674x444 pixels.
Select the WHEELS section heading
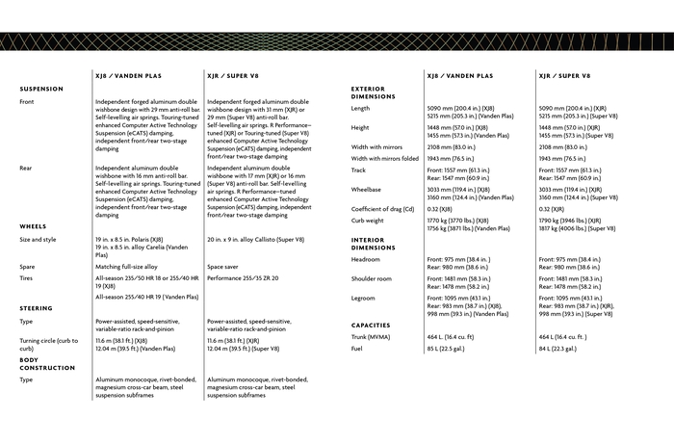(33, 226)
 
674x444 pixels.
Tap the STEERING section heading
(36, 308)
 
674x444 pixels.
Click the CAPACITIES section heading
(371, 325)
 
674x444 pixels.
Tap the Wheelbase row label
(366, 190)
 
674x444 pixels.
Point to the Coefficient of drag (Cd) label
(383, 209)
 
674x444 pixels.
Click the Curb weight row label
(368, 221)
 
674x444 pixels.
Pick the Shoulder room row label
(372, 278)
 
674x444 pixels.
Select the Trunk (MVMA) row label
(371, 337)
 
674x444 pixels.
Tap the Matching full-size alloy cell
(127, 267)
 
